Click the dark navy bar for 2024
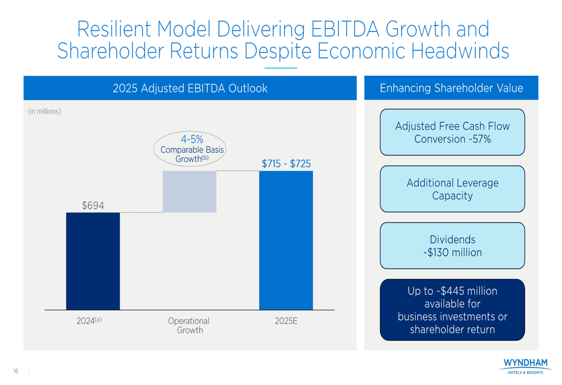[x=93, y=261]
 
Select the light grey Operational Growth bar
[x=189, y=191]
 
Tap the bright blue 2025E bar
[x=285, y=240]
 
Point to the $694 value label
[x=93, y=206]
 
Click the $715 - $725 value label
[x=286, y=164]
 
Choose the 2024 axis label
[x=89, y=321]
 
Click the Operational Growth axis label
[x=189, y=325]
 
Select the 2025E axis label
[x=285, y=321]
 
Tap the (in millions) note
[x=44, y=111]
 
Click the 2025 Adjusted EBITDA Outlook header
[x=190, y=88]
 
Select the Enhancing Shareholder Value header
[x=451, y=88]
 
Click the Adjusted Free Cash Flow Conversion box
[x=452, y=133]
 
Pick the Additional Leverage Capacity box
[x=452, y=189]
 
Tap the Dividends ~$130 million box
[x=452, y=246]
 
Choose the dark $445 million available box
[x=452, y=310]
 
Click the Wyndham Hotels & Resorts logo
[x=525, y=366]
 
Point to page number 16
[x=16, y=371]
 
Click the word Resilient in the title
[x=115, y=29]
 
